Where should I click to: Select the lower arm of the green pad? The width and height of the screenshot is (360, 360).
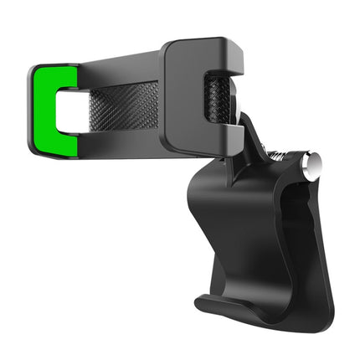tap(59, 145)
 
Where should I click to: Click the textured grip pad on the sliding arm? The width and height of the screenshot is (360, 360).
tap(126, 106)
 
